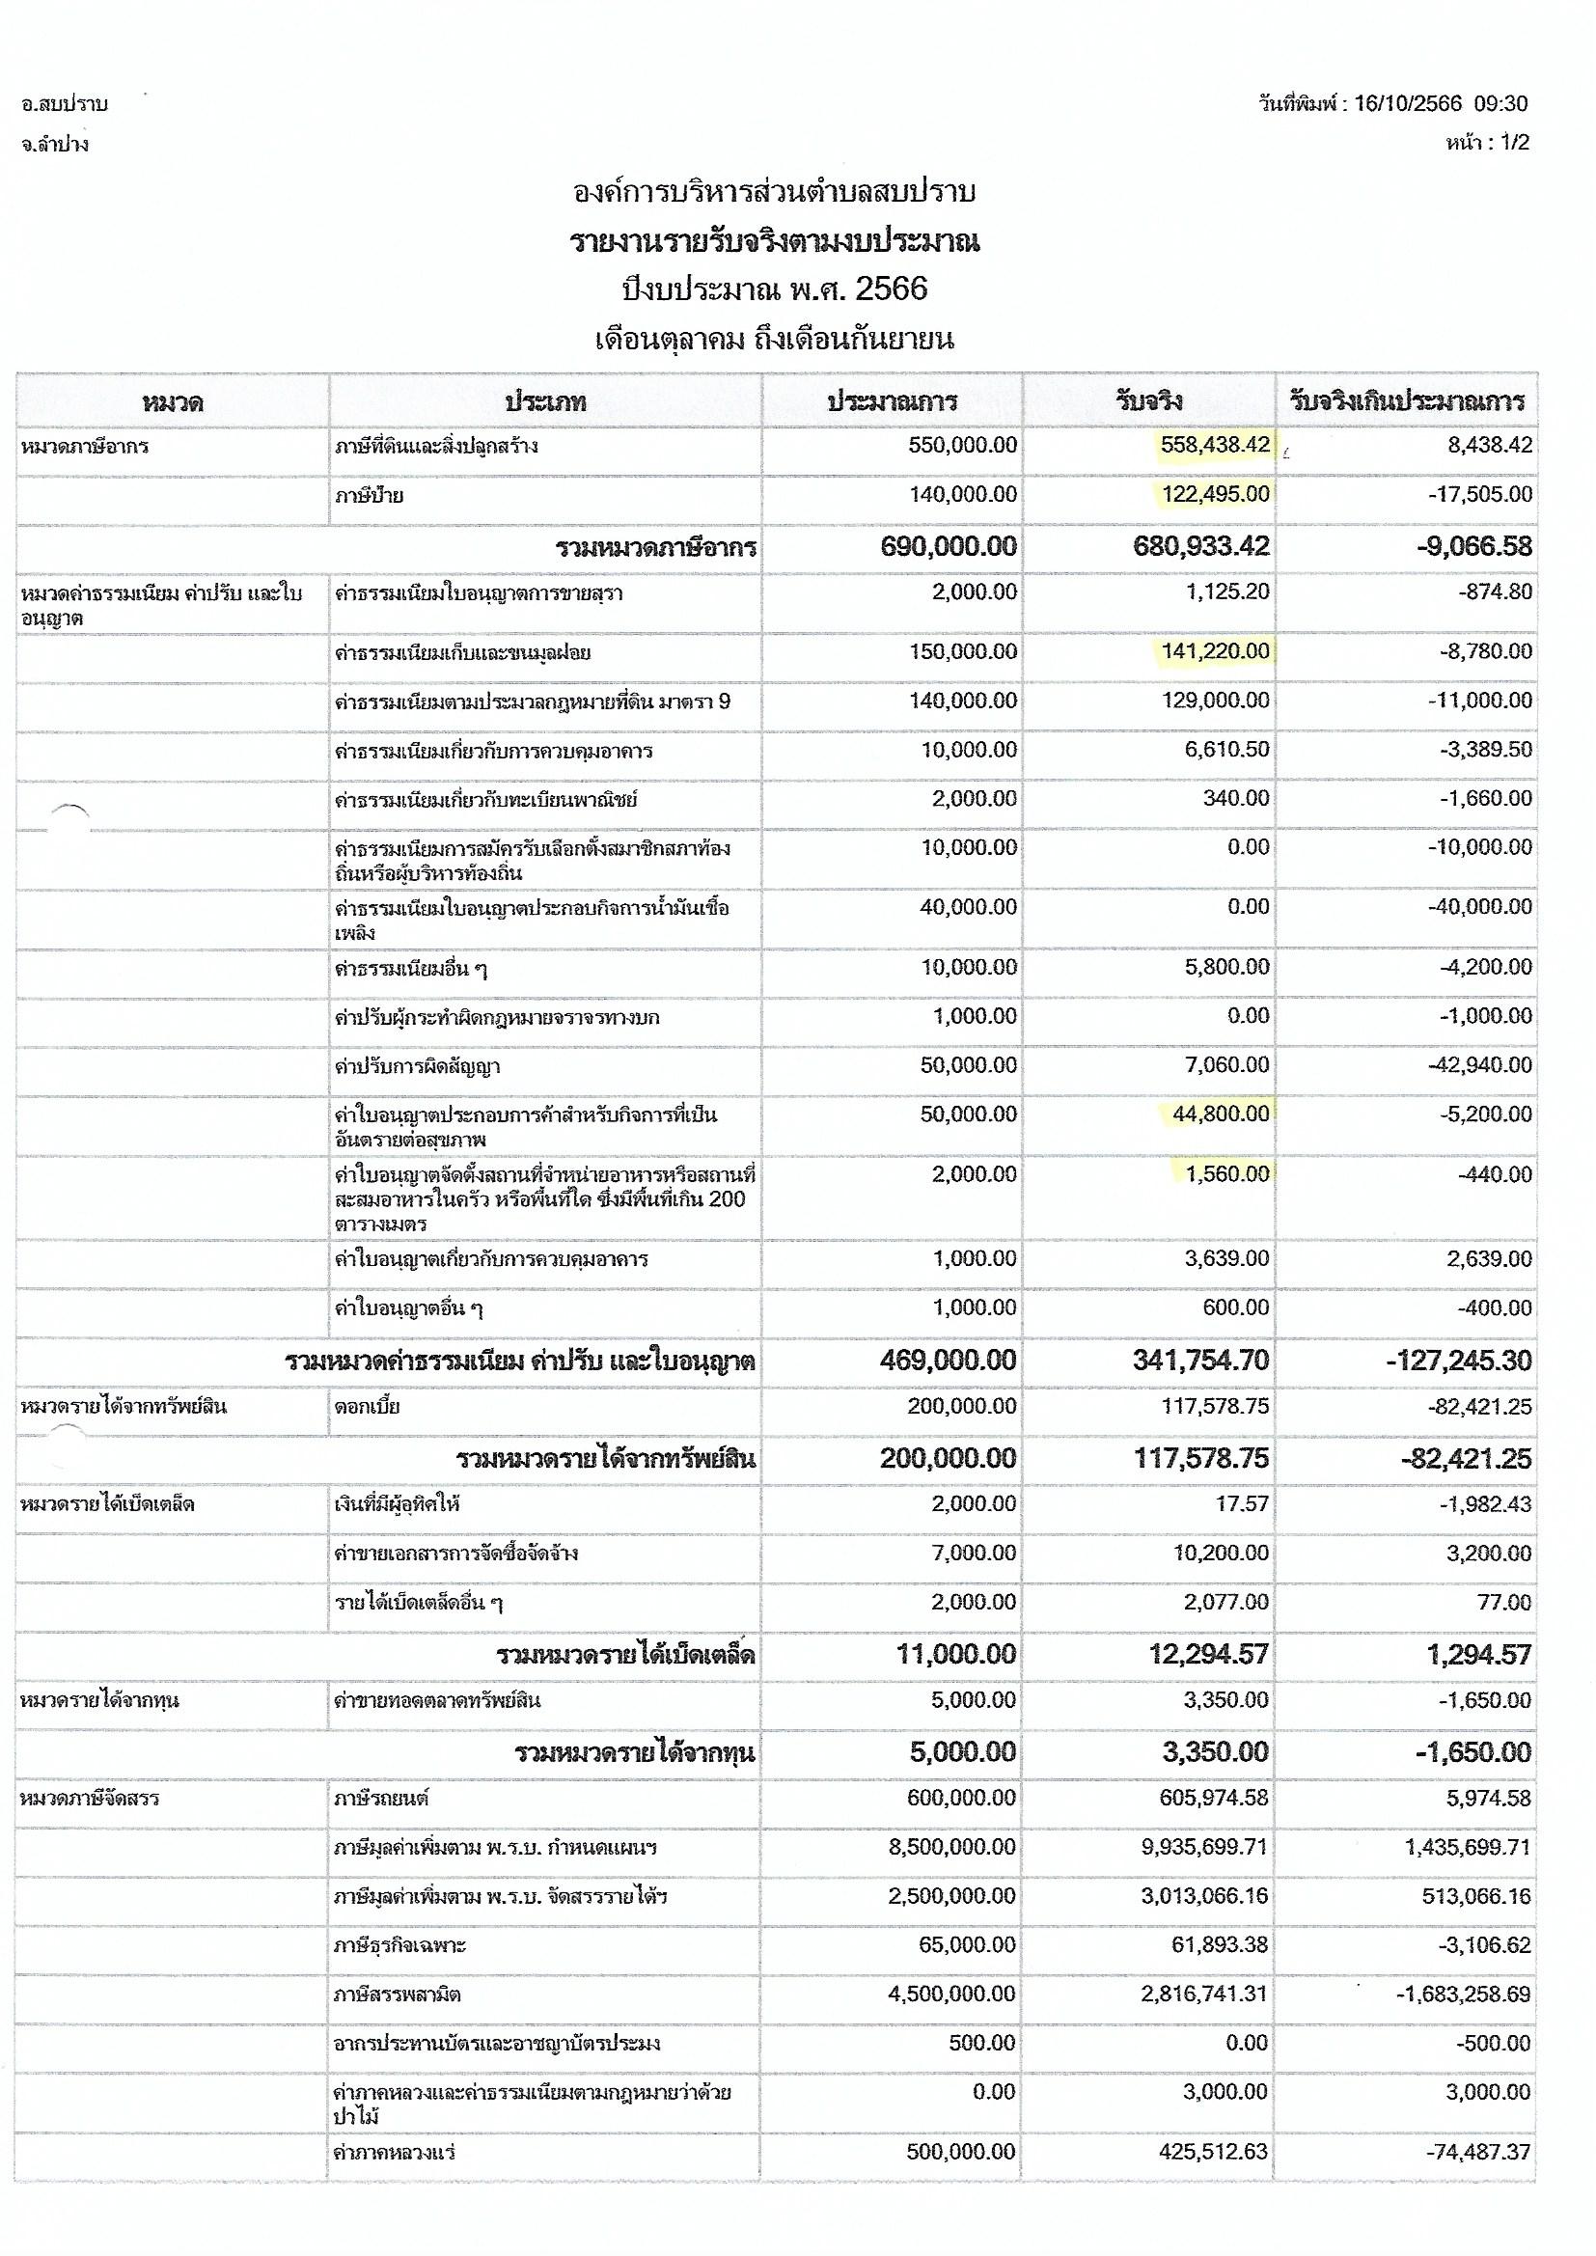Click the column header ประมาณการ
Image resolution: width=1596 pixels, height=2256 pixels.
(892, 401)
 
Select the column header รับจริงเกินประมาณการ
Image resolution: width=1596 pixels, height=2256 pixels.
(1406, 401)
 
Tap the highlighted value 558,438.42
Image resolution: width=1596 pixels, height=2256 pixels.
(1215, 445)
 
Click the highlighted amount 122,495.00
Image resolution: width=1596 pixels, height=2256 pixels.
(1215, 494)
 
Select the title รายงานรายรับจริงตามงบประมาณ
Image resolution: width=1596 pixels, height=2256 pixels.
(775, 241)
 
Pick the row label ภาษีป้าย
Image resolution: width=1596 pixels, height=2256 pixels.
(369, 496)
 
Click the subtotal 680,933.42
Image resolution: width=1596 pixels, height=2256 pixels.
(1201, 547)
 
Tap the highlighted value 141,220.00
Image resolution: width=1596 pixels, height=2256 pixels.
(1215, 651)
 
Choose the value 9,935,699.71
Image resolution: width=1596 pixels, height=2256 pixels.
(1204, 1847)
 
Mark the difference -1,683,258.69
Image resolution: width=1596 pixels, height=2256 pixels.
(1464, 1995)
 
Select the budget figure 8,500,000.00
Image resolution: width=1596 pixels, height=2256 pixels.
(951, 1847)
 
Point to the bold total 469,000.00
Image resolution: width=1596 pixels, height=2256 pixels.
(949, 1361)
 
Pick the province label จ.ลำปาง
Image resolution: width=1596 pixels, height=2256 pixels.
(55, 145)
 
